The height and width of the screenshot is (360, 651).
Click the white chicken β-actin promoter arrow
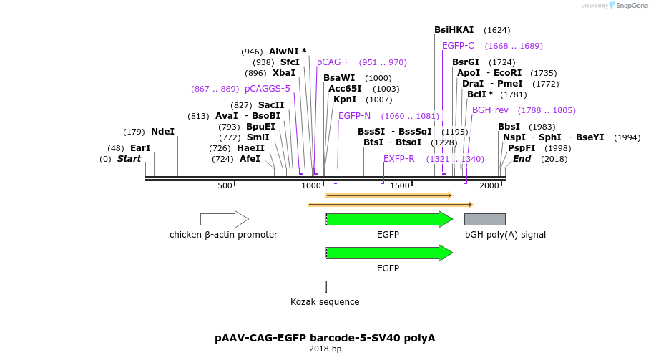click(x=224, y=219)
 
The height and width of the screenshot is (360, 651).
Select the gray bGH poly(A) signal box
click(x=485, y=219)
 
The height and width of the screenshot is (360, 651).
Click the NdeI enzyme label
click(x=162, y=132)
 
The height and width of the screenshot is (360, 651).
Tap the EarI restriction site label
click(x=140, y=148)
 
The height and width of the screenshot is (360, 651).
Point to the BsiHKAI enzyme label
click(x=454, y=30)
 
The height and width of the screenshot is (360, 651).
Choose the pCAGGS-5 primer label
click(x=268, y=89)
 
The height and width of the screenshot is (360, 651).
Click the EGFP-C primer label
click(x=458, y=46)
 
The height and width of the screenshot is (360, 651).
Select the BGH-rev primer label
click(x=490, y=110)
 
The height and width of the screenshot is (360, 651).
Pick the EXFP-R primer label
click(x=398, y=158)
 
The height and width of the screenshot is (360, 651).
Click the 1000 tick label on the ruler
click(x=312, y=185)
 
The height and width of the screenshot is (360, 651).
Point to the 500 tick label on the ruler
click(x=225, y=185)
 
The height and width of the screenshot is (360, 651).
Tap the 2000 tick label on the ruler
click(x=489, y=185)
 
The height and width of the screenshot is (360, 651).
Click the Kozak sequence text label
click(x=325, y=302)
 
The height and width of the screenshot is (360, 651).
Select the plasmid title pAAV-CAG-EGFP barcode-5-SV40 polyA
click(x=325, y=337)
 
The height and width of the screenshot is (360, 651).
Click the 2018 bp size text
click(x=325, y=349)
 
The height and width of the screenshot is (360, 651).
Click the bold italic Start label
click(x=129, y=159)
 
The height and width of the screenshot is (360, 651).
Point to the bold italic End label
click(x=522, y=159)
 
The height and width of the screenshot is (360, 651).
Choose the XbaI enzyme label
click(x=284, y=73)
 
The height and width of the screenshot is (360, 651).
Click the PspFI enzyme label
click(x=522, y=148)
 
